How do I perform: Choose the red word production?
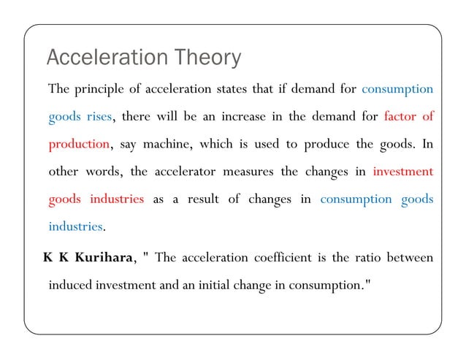(79, 144)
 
